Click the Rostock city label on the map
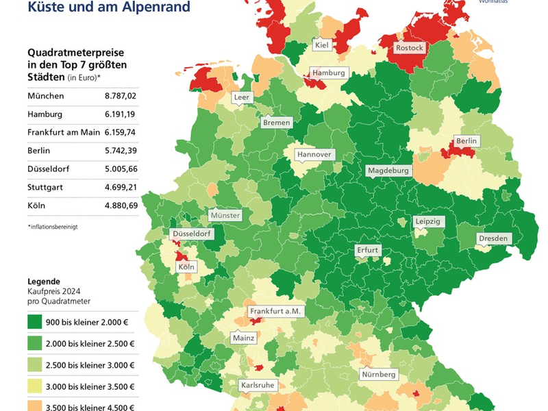[410, 48]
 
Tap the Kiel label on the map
[321, 45]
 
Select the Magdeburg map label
[388, 170]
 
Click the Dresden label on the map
[493, 238]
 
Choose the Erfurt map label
[367, 250]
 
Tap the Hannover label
[314, 154]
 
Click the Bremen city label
[277, 123]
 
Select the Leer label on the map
[242, 97]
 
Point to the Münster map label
[225, 215]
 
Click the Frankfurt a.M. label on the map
[275, 311]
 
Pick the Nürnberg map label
[379, 375]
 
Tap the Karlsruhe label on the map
[258, 385]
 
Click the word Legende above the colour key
[44, 282]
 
